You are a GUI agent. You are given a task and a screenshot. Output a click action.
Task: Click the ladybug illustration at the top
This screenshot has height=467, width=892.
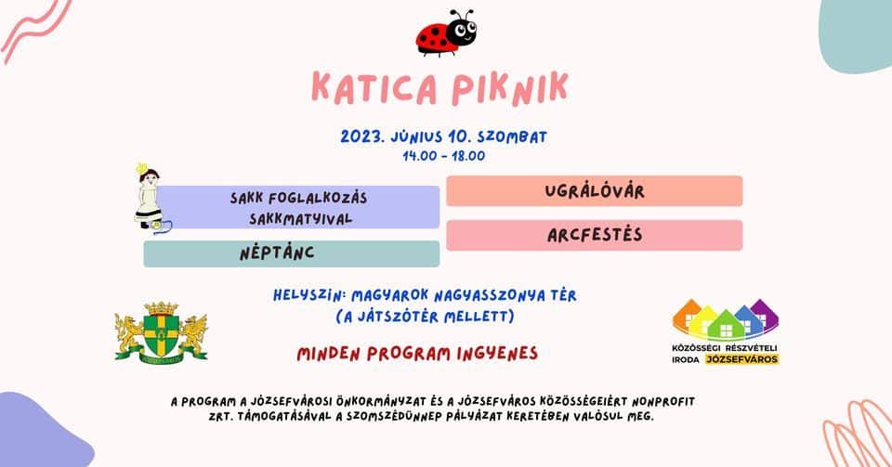pyautogui.click(x=445, y=33)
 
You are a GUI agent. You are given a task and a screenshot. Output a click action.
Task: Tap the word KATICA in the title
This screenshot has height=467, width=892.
pyautogui.click(x=374, y=88)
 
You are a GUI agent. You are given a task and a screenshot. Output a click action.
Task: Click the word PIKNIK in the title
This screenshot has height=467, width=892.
pyautogui.click(x=510, y=88)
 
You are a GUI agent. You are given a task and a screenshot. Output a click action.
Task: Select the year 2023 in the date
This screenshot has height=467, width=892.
pyautogui.click(x=362, y=136)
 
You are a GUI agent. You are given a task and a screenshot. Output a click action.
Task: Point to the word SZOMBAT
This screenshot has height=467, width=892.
pyautogui.click(x=512, y=136)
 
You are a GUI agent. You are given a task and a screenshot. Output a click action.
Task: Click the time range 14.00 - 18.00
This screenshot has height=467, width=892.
pyautogui.click(x=444, y=156)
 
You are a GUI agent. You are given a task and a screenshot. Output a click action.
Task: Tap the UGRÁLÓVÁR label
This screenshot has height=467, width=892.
pyautogui.click(x=595, y=191)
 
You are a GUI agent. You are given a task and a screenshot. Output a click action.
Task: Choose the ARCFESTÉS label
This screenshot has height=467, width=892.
pyautogui.click(x=595, y=235)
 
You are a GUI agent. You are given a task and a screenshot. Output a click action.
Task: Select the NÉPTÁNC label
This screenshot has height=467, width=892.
pyautogui.click(x=277, y=253)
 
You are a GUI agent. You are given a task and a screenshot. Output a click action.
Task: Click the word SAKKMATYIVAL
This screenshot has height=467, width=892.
pyautogui.click(x=301, y=219)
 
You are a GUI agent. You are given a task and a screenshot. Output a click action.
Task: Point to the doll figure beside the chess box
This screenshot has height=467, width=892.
pyautogui.click(x=151, y=199)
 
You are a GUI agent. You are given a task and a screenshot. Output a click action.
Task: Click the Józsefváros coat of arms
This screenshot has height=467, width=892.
pyautogui.click(x=161, y=331)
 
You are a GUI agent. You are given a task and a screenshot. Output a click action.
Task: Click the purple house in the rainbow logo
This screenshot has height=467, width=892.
pyautogui.click(x=764, y=314)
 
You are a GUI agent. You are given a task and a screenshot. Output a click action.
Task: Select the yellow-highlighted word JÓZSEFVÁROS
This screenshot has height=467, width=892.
pyautogui.click(x=741, y=359)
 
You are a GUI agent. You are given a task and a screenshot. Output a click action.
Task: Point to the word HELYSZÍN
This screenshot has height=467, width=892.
pyautogui.click(x=309, y=296)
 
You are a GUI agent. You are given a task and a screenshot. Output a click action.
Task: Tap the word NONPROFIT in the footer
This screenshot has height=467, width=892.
pyautogui.click(x=663, y=402)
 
